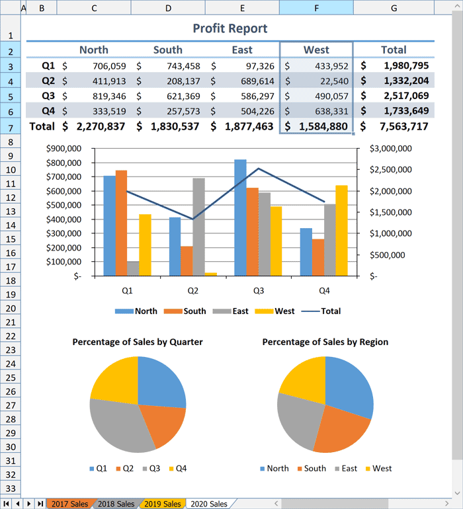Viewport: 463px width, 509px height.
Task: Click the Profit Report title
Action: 230,28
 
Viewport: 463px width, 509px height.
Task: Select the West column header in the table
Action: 316,50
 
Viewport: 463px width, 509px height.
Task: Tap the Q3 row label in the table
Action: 48,96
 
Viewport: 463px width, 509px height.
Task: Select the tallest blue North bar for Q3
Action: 240,218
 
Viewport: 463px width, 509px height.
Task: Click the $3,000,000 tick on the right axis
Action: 391,149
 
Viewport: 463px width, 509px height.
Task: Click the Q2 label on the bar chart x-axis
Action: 192,291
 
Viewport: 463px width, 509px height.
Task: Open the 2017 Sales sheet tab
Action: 69,504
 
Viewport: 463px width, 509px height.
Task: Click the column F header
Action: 316,8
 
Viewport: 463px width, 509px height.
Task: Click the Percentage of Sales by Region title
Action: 325,342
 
